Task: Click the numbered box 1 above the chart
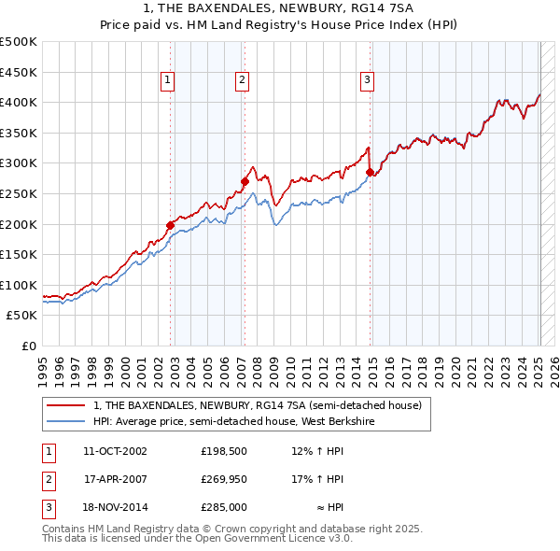(x=167, y=80)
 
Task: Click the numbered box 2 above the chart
(x=242, y=80)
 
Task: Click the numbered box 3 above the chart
(x=368, y=80)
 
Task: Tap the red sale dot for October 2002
(x=171, y=224)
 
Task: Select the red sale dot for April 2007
(x=245, y=181)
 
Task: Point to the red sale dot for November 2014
(x=371, y=172)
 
